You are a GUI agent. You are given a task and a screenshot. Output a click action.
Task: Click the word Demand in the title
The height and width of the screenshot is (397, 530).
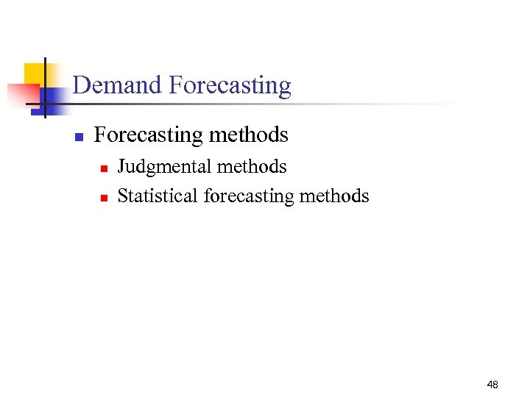click(x=118, y=85)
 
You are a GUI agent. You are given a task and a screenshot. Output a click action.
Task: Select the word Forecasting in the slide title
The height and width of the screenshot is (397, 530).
click(x=230, y=86)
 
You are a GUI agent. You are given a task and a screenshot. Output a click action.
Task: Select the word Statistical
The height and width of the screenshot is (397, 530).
click(x=158, y=196)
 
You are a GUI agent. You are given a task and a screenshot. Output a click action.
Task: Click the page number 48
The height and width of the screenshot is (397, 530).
click(x=492, y=385)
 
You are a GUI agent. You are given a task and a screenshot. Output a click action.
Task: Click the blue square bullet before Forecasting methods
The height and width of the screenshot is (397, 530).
click(x=79, y=137)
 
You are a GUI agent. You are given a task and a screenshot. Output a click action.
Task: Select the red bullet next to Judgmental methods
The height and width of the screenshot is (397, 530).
click(x=104, y=169)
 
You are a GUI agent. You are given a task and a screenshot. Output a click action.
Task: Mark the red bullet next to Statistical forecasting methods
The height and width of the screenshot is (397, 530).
click(x=104, y=198)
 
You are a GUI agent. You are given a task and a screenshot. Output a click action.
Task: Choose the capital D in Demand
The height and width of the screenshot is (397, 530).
click(x=81, y=85)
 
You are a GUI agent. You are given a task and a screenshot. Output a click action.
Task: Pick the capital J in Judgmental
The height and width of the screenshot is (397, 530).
click(x=122, y=167)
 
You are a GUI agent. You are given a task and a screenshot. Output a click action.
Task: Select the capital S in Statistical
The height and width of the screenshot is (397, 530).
click(x=122, y=196)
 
